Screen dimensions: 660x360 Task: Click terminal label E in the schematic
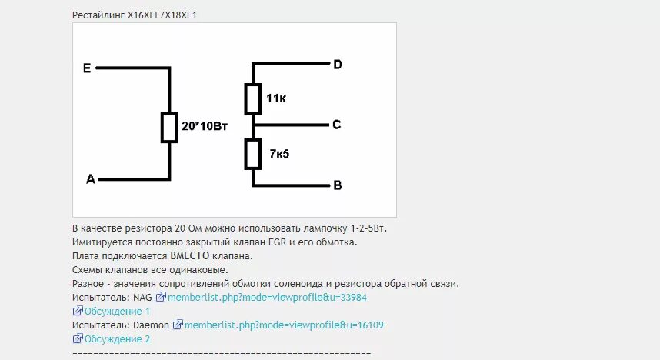(87, 68)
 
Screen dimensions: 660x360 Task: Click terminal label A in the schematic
(91, 179)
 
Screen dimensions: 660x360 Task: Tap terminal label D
(337, 64)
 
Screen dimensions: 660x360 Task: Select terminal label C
(337, 125)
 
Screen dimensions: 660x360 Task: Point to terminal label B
(337, 185)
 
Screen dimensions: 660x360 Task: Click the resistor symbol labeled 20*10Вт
(169, 127)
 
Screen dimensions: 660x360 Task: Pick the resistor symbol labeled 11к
(253, 98)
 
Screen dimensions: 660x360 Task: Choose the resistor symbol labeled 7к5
(253, 153)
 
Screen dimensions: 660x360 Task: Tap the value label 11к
(276, 99)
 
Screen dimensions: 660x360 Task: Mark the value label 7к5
(279, 154)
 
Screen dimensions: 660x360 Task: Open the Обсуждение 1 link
(117, 312)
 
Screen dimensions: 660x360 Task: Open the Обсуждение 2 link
(117, 339)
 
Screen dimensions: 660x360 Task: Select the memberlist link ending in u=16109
(284, 325)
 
